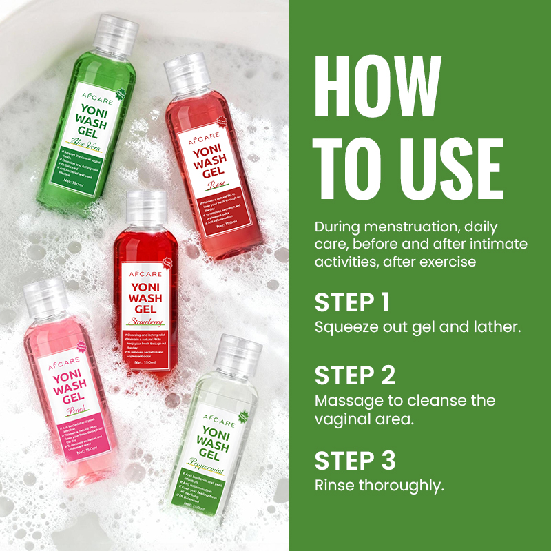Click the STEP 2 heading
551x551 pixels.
point(355,376)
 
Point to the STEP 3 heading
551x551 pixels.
point(355,461)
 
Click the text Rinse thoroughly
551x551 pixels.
point(380,485)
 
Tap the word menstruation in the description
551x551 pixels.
point(407,227)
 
